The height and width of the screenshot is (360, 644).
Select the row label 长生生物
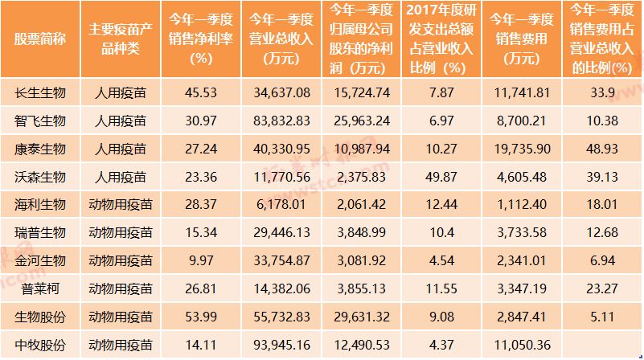(x=40, y=93)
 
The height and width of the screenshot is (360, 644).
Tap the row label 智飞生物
(x=40, y=121)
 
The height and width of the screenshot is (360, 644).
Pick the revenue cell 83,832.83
(x=281, y=121)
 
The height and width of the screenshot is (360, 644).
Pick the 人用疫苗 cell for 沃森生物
(x=119, y=178)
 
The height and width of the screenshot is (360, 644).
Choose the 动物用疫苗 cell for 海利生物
(x=119, y=206)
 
